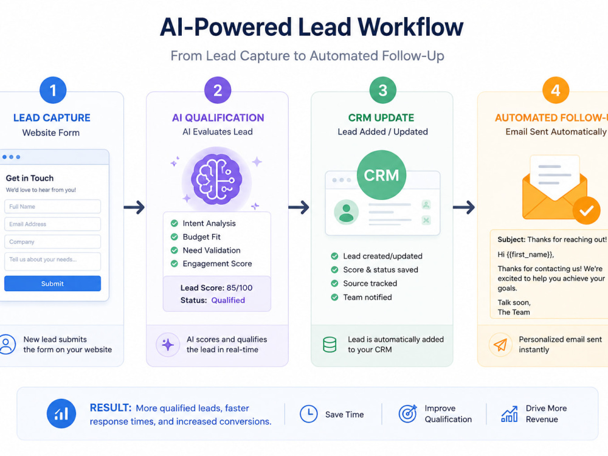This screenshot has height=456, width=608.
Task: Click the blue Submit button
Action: point(53,283)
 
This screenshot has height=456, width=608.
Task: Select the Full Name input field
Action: point(53,207)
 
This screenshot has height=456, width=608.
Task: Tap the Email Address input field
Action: point(53,224)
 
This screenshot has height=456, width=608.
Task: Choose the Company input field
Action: point(53,241)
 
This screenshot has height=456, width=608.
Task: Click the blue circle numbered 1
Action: point(53,91)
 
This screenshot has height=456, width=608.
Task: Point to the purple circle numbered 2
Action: point(218,91)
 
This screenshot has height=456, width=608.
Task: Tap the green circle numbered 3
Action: point(382,91)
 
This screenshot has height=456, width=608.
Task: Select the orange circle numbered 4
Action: point(556,91)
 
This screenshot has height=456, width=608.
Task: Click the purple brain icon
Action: point(217,179)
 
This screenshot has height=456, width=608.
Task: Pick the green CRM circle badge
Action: point(382,175)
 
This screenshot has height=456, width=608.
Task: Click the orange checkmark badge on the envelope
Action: point(587,210)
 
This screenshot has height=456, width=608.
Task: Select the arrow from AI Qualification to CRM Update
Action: point(299,207)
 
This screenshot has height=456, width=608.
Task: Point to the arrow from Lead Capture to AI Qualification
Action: point(134,207)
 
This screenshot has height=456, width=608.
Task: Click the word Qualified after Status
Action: point(228,300)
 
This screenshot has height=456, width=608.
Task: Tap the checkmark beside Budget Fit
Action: point(174,237)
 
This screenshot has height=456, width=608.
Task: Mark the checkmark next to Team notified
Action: point(334,297)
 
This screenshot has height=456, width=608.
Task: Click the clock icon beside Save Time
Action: point(309,413)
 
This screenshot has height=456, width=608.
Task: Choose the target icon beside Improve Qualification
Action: point(408,413)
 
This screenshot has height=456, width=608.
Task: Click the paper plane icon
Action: point(500,344)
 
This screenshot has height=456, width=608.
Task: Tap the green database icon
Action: point(330,344)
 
